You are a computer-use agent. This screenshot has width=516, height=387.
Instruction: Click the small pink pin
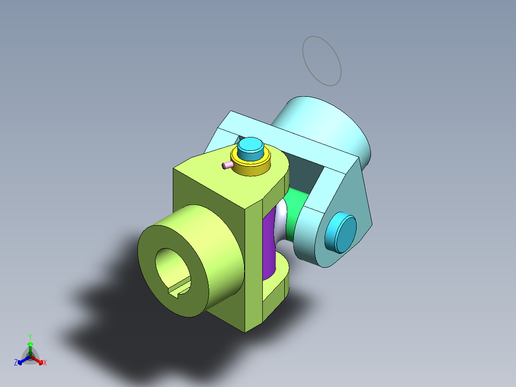point(227,165)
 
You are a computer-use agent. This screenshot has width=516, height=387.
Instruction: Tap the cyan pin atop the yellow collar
point(250,149)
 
